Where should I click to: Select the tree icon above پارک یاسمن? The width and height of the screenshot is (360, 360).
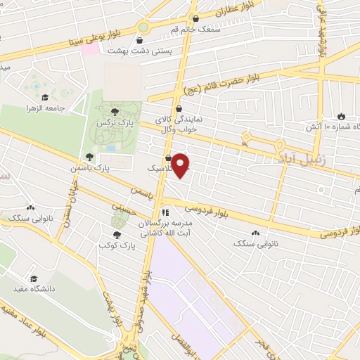89,157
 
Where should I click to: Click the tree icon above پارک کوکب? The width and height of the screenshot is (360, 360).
117,234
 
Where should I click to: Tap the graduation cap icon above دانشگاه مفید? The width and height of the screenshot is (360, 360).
34,278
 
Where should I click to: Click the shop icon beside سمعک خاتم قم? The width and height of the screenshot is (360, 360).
195,19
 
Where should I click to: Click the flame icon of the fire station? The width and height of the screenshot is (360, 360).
341,116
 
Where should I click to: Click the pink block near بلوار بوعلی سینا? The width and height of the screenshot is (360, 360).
90,49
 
